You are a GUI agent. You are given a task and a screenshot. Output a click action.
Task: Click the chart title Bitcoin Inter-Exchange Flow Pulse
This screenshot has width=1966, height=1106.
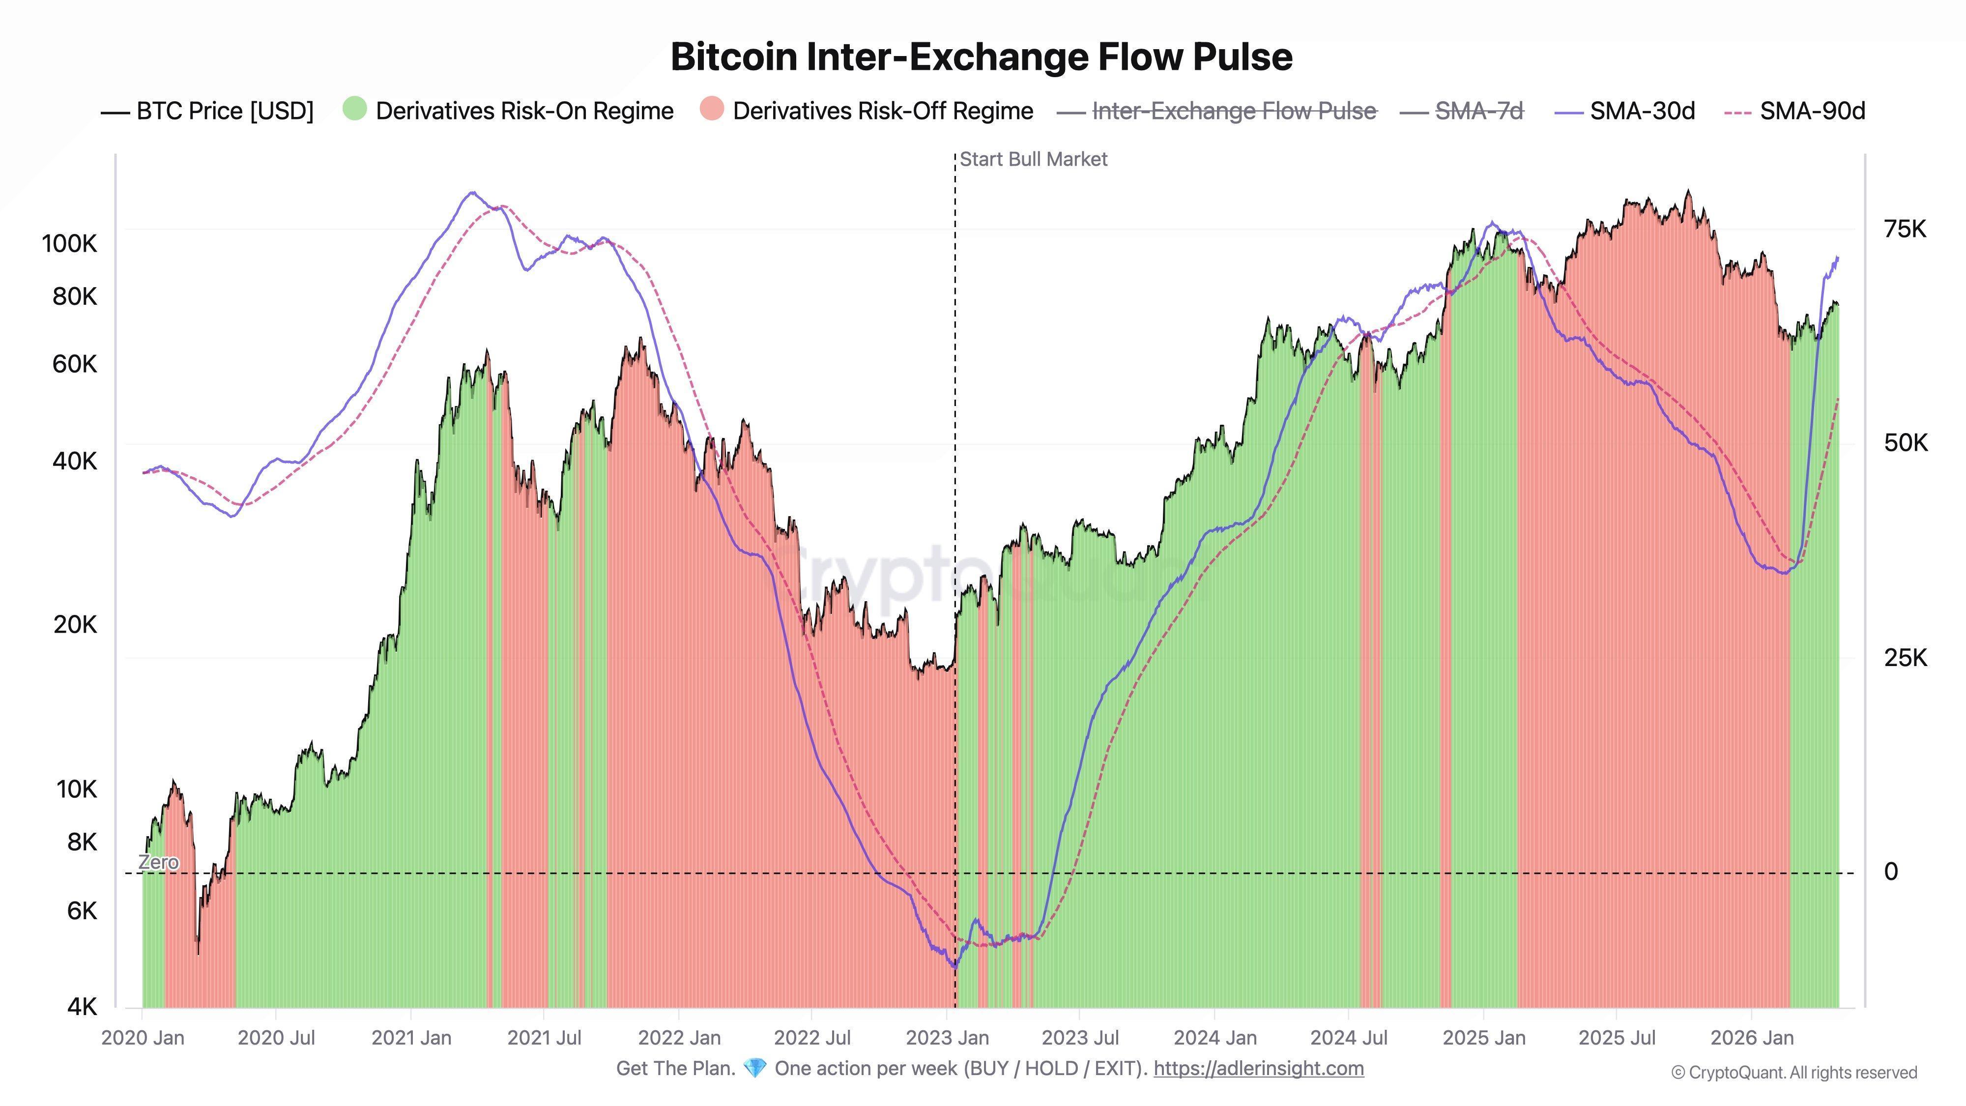coord(982,57)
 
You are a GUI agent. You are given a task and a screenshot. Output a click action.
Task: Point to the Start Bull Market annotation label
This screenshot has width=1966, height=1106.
coord(1033,160)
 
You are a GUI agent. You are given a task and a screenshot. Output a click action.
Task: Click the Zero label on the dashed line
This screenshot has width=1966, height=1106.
coord(159,863)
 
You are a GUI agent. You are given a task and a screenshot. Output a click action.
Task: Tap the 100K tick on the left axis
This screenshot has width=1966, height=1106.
coord(69,244)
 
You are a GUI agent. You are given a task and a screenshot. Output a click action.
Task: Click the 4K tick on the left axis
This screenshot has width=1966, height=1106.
coord(82,1007)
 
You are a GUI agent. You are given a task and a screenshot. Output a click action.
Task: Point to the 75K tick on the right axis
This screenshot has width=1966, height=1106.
coord(1905,229)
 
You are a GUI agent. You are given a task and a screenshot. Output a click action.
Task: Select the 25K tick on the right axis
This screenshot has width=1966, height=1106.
coord(1905,658)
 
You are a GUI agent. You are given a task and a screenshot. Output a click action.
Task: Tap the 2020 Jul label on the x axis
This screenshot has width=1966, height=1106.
coord(276,1038)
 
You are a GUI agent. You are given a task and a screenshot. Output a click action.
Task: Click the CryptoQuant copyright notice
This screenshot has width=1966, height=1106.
coord(1793,1073)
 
